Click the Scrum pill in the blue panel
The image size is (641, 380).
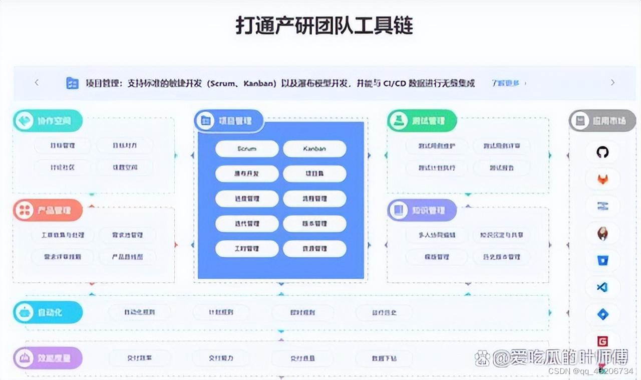pyautogui.click(x=247, y=149)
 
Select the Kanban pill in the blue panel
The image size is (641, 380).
pyautogui.click(x=314, y=149)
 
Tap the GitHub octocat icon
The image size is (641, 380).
pyautogui.click(x=602, y=152)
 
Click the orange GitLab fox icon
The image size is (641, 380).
pyautogui.click(x=602, y=179)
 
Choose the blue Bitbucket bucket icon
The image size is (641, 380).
pyautogui.click(x=602, y=260)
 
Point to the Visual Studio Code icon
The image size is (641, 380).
pyautogui.click(x=602, y=287)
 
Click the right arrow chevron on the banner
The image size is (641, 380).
pyautogui.click(x=612, y=83)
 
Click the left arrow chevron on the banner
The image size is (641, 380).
pyautogui.click(x=37, y=83)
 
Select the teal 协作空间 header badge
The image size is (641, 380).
pyautogui.click(x=48, y=121)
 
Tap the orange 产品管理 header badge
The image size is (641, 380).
pyautogui.click(x=48, y=211)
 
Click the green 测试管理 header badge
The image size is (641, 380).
pyautogui.click(x=422, y=121)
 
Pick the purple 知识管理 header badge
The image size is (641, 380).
pyautogui.click(x=422, y=211)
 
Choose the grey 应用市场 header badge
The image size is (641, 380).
pyautogui.click(x=602, y=121)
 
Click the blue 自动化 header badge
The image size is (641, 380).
pyautogui.click(x=48, y=312)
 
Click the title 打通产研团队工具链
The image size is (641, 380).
pyautogui.click(x=325, y=26)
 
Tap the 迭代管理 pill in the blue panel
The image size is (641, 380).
pyautogui.click(x=247, y=224)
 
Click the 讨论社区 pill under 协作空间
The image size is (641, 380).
pyautogui.click(x=63, y=167)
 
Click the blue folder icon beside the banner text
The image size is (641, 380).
pyautogui.click(x=73, y=83)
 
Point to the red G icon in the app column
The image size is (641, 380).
pyautogui.click(x=602, y=341)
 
